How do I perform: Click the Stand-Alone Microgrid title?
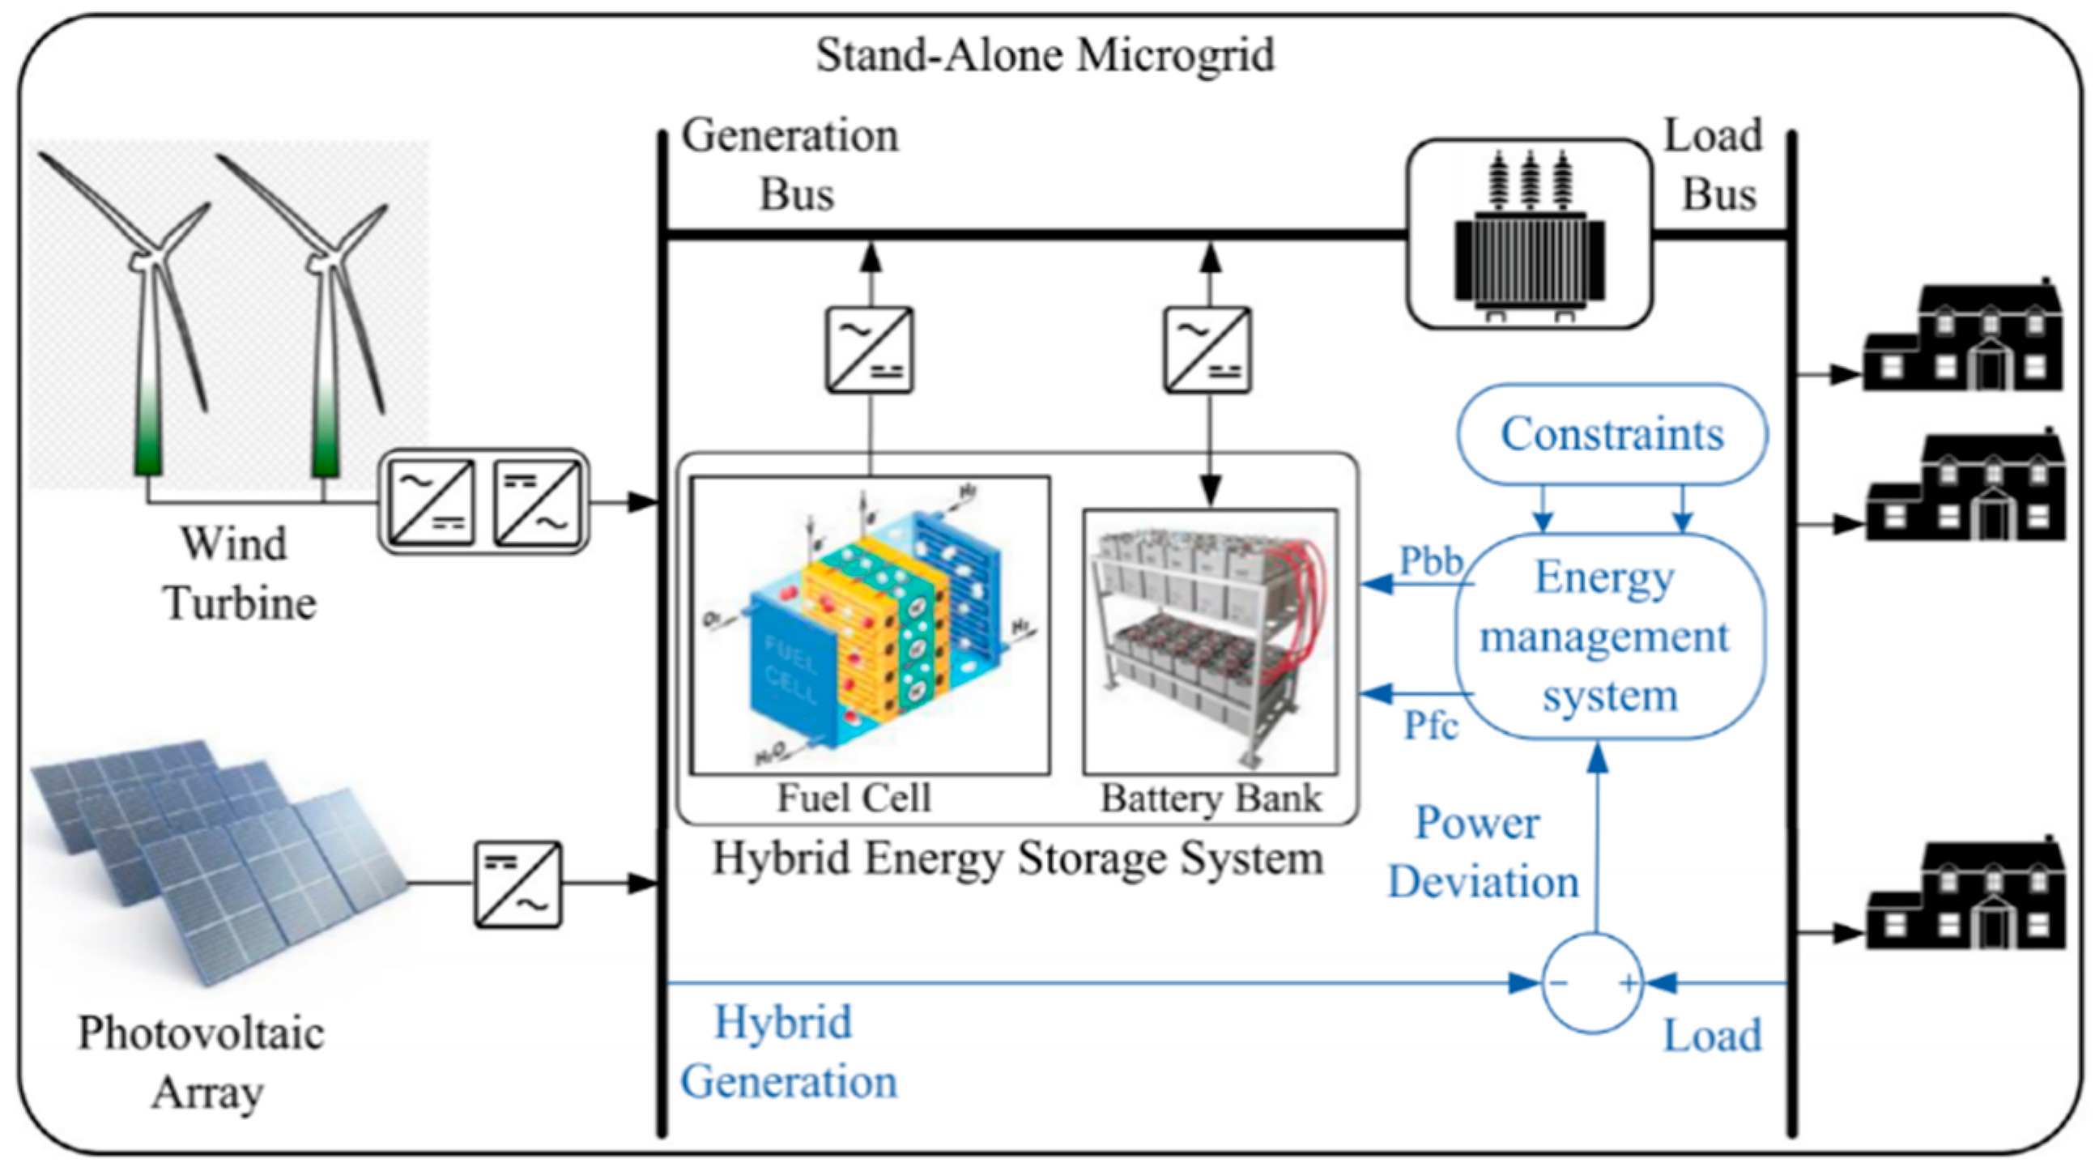tap(1045, 55)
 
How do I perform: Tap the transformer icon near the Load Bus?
tap(1529, 236)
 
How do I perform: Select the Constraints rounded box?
tap(1612, 434)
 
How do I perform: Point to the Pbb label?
tap(1431, 561)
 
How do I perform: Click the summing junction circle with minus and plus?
tap(1592, 984)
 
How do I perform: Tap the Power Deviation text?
tap(1482, 852)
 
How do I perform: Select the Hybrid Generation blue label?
tap(787, 1051)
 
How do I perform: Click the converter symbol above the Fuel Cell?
tap(870, 350)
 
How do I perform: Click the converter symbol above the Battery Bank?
tap(1207, 350)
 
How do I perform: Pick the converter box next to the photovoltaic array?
tap(518, 884)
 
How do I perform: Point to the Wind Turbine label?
tap(237, 573)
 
